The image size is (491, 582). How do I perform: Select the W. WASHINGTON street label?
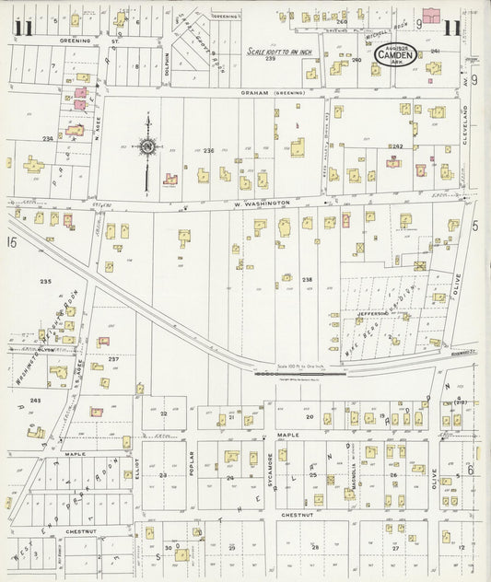(262, 203)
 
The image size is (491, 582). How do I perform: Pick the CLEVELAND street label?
(466, 130)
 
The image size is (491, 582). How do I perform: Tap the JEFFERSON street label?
(369, 314)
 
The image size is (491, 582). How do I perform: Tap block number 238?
(307, 279)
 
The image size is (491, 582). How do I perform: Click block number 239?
(270, 59)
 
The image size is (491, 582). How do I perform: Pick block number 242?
(398, 146)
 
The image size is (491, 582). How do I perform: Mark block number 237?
(113, 359)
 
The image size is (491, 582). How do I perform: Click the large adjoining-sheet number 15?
(10, 242)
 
